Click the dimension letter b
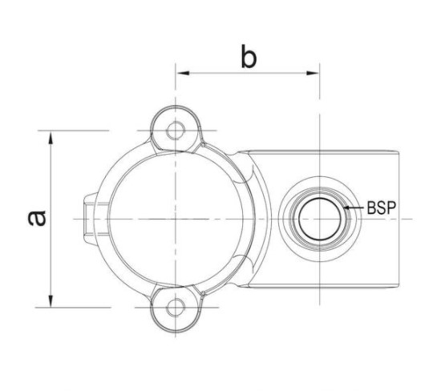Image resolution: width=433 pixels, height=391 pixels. (x=249, y=56)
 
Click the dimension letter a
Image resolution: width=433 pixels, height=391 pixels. (x=37, y=218)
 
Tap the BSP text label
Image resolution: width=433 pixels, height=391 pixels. (x=382, y=208)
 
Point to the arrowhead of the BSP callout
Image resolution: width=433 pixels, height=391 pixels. (x=347, y=208)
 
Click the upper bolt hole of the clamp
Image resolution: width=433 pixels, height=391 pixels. (x=176, y=131)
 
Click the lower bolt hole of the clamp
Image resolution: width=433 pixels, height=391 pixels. (x=176, y=307)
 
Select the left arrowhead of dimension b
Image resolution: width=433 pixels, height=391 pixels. (x=183, y=73)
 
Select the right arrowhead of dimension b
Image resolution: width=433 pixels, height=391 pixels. (x=313, y=73)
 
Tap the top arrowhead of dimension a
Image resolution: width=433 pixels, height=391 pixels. (x=51, y=138)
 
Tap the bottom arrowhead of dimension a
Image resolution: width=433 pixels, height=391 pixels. (x=51, y=300)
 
